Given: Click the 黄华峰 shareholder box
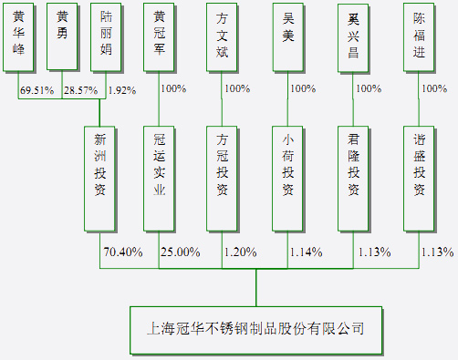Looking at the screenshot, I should pos(19,36).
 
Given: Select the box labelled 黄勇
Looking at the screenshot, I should pos(62,36).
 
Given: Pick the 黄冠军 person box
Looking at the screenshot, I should pos(160,36).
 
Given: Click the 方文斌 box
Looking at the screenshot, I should pos(224,36).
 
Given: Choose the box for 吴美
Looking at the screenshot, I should pos(288,36).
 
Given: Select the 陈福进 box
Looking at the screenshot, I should pos(419,36).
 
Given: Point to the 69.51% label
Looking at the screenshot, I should pos(36,91).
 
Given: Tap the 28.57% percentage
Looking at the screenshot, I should pos(82,91).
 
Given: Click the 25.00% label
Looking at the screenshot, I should pos(180,252).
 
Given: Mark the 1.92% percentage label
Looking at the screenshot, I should pos(121,91).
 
